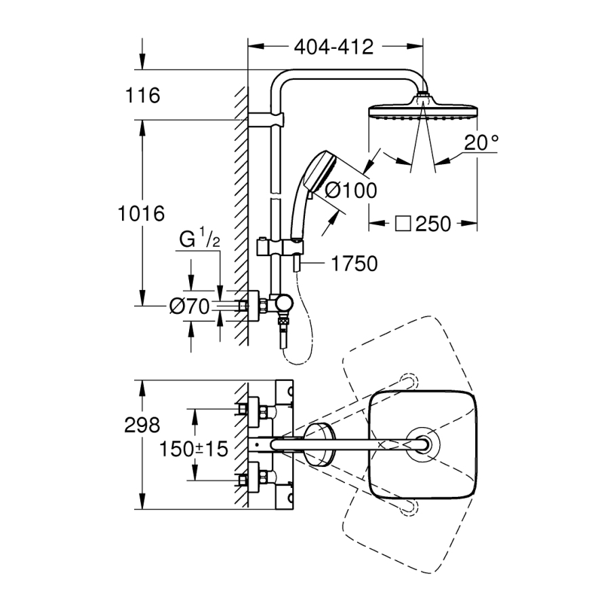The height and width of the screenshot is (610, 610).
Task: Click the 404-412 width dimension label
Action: click(x=334, y=47)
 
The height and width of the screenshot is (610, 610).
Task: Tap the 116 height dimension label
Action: click(x=142, y=96)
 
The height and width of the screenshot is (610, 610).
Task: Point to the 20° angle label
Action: click(x=482, y=143)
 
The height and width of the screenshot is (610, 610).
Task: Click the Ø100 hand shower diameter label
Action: click(x=350, y=191)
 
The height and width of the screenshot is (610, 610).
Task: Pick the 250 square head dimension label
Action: click(x=433, y=224)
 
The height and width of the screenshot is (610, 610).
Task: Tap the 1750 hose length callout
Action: click(x=354, y=263)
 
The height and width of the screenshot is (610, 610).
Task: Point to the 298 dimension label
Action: click(x=142, y=425)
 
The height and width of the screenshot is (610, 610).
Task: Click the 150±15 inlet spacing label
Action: click(x=194, y=449)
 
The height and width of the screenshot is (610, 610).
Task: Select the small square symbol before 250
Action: click(x=404, y=224)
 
